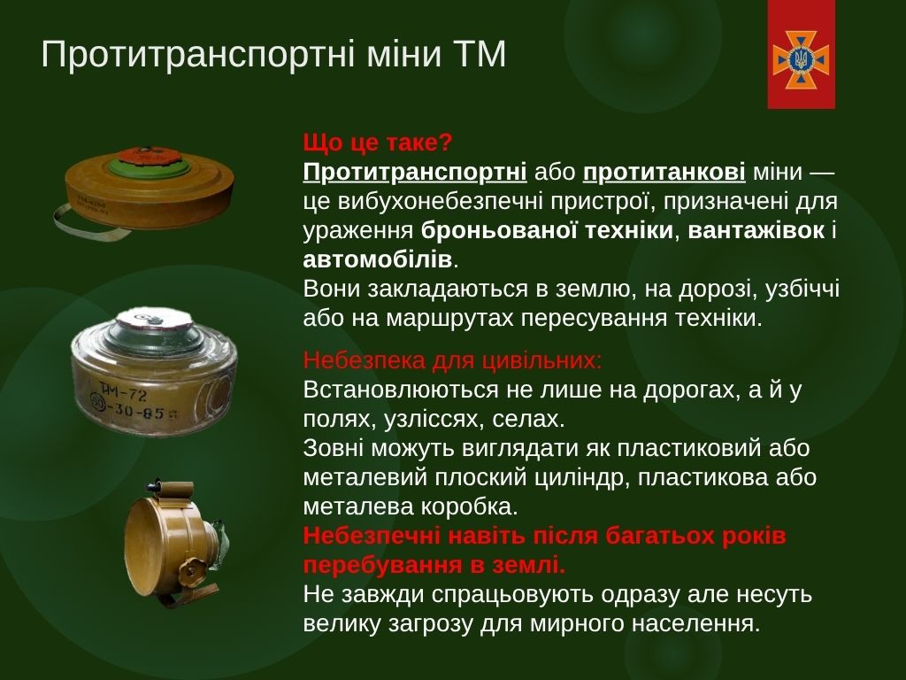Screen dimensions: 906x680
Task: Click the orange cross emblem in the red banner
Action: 801,59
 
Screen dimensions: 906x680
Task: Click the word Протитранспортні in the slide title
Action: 198,56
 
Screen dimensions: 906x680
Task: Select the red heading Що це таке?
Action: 377,143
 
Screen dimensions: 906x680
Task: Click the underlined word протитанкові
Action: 664,173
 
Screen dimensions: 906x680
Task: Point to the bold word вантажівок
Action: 756,230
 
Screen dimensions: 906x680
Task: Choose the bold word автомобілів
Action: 377,259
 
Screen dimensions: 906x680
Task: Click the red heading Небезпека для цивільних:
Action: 452,360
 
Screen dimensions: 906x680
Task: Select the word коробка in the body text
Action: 466,506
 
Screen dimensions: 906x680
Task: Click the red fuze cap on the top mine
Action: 148,156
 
